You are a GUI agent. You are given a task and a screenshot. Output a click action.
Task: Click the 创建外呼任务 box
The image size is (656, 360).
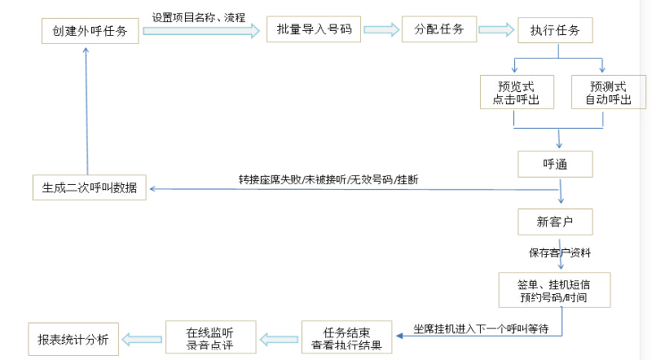[x=89, y=31]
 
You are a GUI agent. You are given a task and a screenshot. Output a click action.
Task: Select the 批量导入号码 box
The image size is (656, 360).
[x=313, y=30]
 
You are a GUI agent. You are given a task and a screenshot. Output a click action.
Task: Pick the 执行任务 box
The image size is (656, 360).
[x=555, y=30]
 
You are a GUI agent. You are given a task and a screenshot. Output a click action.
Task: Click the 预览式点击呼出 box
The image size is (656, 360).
[x=516, y=92]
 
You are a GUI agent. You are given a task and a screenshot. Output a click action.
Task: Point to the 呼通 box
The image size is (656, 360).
[x=555, y=164]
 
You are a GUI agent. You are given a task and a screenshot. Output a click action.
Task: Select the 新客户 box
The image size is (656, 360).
[x=555, y=222]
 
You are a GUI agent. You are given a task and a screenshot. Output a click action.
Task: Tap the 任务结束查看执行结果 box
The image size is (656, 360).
[x=347, y=337]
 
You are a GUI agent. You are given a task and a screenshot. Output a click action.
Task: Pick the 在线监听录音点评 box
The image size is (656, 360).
[x=210, y=337]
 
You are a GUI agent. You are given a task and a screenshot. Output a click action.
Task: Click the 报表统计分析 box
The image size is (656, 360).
[x=73, y=337]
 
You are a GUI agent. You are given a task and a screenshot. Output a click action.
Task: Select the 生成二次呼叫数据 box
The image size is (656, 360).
[x=89, y=188]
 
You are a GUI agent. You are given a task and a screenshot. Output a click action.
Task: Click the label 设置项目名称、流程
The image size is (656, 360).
[x=198, y=16]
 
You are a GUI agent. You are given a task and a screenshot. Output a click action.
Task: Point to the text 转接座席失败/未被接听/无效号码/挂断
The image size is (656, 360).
[x=329, y=179]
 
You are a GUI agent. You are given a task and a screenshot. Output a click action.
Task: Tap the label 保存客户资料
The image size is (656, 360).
[x=560, y=252]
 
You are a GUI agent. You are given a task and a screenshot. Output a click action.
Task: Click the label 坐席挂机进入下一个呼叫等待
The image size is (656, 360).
[x=479, y=327]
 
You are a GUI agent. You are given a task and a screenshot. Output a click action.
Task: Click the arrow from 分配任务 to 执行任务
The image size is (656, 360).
[x=495, y=29]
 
